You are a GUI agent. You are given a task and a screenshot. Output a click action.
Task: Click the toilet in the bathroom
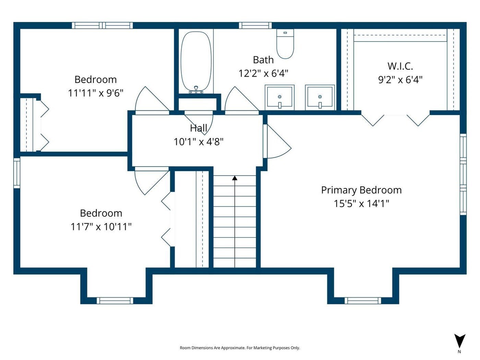tap(285, 44)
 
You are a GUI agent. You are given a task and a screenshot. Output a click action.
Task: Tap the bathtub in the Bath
tap(196, 61)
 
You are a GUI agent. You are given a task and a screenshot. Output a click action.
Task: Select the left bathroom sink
tap(279, 97)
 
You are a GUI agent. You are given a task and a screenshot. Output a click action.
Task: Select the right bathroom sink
tap(320, 97)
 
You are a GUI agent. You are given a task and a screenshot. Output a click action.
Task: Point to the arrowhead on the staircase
tap(235, 178)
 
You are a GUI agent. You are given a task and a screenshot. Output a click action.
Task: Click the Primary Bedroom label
tap(361, 190)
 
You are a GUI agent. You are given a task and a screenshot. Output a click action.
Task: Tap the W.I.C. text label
tap(400, 66)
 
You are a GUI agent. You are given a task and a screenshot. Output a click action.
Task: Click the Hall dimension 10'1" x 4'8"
tap(199, 142)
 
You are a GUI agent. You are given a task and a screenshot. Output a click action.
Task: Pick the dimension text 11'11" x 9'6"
tap(96, 93)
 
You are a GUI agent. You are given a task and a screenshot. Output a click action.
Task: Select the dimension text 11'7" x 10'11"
tap(101, 227)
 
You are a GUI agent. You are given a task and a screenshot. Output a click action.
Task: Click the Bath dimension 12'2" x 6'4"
tap(263, 73)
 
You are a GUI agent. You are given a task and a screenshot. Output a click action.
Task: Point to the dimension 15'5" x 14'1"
tap(361, 204)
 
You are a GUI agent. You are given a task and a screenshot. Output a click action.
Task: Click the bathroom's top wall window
tap(255, 25)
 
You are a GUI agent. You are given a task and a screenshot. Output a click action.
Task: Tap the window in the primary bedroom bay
tap(363, 301)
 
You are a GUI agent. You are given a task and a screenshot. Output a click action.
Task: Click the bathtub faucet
tap(196, 89)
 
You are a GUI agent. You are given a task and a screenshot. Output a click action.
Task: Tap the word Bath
tap(263, 60)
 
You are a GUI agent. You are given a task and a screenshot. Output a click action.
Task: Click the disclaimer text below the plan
tap(240, 348)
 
